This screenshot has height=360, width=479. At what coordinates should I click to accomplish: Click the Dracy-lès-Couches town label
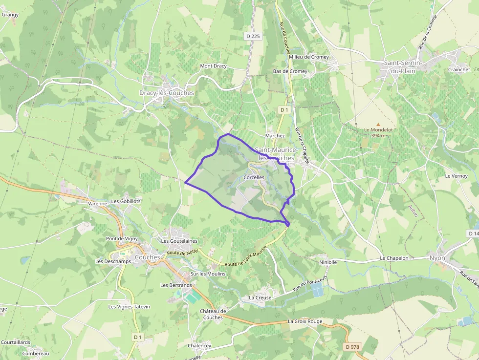(x=167, y=93)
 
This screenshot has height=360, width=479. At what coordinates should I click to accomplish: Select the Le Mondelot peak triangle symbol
(x=378, y=125)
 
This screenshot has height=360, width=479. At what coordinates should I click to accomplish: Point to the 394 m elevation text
(x=379, y=136)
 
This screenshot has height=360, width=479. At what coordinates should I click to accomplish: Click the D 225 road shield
(x=253, y=36)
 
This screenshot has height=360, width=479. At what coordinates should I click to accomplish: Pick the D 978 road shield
(x=352, y=346)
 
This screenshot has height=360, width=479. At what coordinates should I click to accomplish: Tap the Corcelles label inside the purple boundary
(x=254, y=177)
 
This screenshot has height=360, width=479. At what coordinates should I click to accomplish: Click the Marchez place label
(x=275, y=135)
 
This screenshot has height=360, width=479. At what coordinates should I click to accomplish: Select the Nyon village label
(x=437, y=257)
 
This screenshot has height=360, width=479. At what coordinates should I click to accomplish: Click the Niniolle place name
(x=327, y=262)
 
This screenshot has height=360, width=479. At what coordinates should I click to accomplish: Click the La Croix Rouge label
(x=305, y=321)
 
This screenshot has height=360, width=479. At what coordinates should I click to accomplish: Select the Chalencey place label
(x=199, y=345)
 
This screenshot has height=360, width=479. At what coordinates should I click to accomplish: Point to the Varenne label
(x=97, y=203)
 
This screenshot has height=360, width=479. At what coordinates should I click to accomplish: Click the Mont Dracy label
(x=214, y=66)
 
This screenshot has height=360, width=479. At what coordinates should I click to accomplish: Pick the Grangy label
(x=10, y=15)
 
